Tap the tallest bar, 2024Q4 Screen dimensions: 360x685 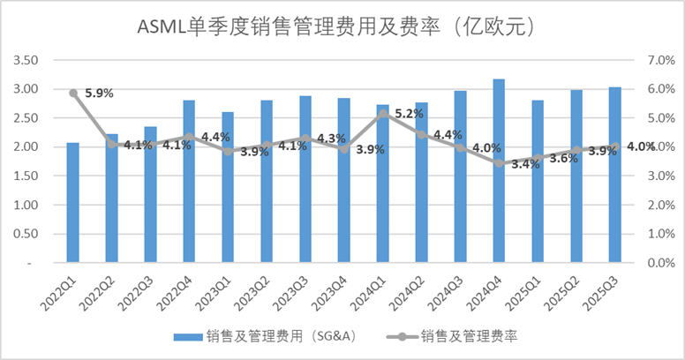pyautogui.click(x=499, y=171)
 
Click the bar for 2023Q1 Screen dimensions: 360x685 pyautogui.click(x=228, y=187)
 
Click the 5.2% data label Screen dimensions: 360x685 pyautogui.click(x=409, y=114)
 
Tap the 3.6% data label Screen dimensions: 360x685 pyautogui.click(x=562, y=159)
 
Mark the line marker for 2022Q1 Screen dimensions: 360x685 pyautogui.click(x=73, y=93)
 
